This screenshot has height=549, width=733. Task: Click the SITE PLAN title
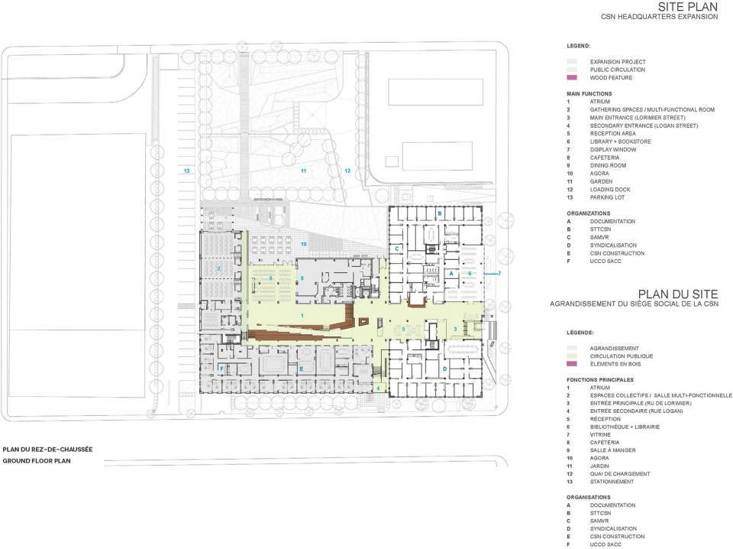pos(688,7)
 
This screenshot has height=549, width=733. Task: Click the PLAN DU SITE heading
pos(678,294)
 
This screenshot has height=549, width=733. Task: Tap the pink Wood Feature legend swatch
pos(572,78)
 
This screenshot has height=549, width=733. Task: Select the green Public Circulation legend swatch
pos(572,70)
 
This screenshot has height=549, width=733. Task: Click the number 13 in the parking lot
pos(186,171)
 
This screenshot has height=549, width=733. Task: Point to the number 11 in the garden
pos(303,171)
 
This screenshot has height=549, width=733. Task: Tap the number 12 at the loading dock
pos(347,171)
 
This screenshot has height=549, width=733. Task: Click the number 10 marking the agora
pos(303,245)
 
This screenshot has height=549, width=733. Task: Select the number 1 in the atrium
pos(302,316)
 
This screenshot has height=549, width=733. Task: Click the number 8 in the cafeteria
pos(302,278)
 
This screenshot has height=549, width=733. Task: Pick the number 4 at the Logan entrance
pos(378,388)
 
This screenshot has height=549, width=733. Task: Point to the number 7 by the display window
pos(499,273)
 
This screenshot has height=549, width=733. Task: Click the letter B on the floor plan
pos(439,213)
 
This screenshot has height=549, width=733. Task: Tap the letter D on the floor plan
pos(444,369)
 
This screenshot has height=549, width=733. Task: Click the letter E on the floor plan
pos(302,369)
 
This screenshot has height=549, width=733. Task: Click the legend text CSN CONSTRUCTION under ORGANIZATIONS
pos(617,253)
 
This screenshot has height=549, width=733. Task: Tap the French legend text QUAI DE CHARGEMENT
pos(620,473)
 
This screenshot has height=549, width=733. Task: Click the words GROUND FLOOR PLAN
pos(37,460)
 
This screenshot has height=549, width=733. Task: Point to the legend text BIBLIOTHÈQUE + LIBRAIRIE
pos(625,427)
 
